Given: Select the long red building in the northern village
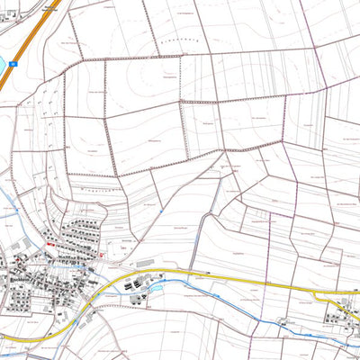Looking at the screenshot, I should [49, 244].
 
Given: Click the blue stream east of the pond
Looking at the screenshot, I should [234, 306].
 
